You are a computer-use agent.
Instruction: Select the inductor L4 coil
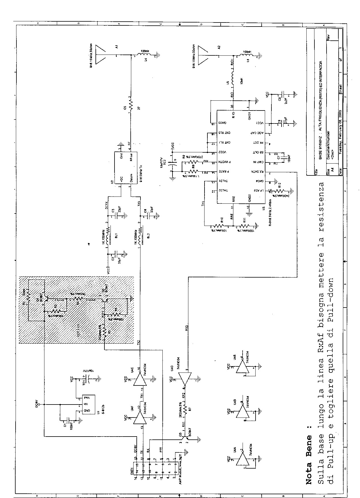143,55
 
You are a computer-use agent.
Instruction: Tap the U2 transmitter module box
126,167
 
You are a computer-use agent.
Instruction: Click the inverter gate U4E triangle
139,378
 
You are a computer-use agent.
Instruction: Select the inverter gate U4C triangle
185,378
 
